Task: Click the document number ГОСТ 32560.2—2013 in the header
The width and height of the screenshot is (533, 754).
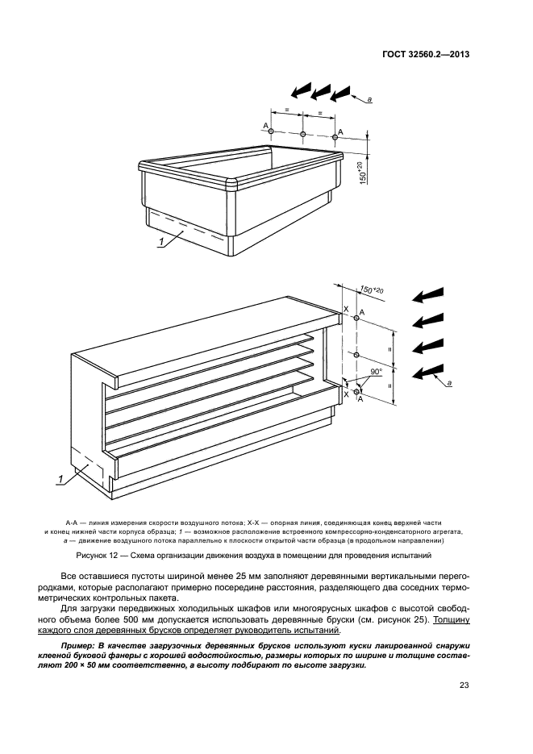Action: point(424,56)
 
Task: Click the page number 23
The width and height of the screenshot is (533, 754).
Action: point(464,686)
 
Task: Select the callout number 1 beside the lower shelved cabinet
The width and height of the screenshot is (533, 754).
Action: point(60,481)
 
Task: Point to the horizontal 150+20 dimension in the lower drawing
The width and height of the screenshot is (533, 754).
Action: point(372,290)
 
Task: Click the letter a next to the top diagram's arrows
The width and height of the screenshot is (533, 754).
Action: point(369,99)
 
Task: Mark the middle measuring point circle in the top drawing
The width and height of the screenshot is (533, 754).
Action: point(302,134)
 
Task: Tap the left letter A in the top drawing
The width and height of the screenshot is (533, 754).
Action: point(265,126)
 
